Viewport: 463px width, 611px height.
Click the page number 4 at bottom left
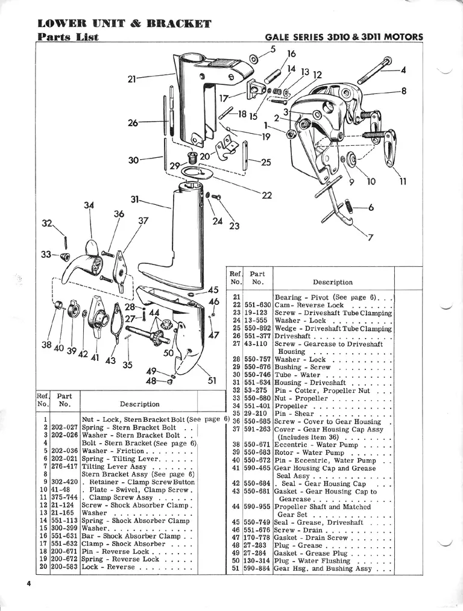click(x=28, y=584)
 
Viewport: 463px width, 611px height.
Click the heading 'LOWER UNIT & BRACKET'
click(x=124, y=24)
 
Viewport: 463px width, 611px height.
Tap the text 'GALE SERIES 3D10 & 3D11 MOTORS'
click(x=344, y=37)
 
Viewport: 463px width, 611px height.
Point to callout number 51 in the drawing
click(x=212, y=380)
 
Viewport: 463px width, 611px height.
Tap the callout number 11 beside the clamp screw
click(x=403, y=181)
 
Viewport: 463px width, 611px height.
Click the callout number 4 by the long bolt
click(x=403, y=69)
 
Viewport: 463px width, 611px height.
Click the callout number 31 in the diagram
click(x=134, y=199)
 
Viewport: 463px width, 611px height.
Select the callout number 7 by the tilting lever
click(x=370, y=236)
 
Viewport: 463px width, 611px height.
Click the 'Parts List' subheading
click(x=68, y=37)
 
